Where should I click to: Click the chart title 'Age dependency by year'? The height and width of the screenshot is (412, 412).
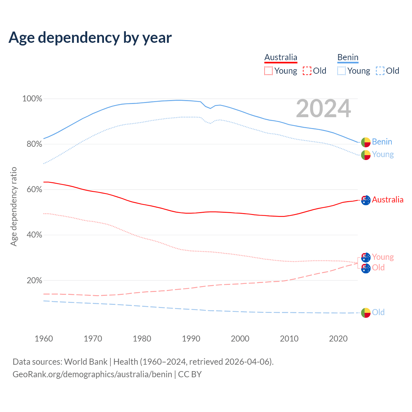click(90, 38)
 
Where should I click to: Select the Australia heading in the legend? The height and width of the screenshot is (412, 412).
click(281, 58)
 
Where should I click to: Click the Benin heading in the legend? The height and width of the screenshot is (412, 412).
click(348, 58)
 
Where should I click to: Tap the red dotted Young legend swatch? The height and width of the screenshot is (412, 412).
click(268, 71)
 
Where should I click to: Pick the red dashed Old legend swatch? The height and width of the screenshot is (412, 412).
click(307, 71)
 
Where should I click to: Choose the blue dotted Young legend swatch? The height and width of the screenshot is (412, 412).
click(342, 71)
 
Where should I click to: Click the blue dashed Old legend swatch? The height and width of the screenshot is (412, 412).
click(380, 71)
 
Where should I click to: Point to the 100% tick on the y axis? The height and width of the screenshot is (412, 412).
click(32, 99)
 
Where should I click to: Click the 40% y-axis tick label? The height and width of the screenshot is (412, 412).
click(34, 235)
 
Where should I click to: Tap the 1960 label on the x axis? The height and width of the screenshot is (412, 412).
click(44, 339)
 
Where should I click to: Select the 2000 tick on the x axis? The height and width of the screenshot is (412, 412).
click(240, 339)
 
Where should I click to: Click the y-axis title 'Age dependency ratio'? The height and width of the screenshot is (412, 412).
click(14, 206)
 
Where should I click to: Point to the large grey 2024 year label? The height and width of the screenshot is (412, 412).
click(323, 109)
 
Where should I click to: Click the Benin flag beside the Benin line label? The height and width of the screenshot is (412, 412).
click(366, 142)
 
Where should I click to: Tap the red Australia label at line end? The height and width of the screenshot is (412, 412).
click(388, 200)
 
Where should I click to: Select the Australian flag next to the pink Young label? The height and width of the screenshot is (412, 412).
click(366, 257)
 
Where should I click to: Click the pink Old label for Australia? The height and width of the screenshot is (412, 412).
click(378, 268)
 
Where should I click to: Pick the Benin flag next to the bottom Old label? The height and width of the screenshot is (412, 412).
click(366, 313)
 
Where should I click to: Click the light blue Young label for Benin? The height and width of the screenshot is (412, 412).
click(383, 154)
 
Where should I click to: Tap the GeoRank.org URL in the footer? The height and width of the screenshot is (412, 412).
click(92, 374)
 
